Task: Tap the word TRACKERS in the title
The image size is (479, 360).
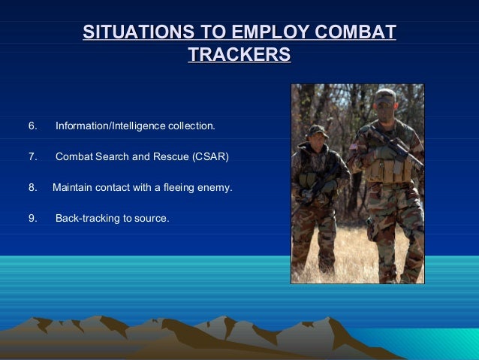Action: [239, 56]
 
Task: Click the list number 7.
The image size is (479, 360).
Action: [32, 156]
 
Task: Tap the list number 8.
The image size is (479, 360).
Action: [32, 187]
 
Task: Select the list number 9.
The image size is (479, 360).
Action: [32, 219]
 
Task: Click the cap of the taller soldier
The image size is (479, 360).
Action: [385, 95]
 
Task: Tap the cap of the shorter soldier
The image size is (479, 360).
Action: [318, 130]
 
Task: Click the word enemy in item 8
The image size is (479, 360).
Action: [214, 187]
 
